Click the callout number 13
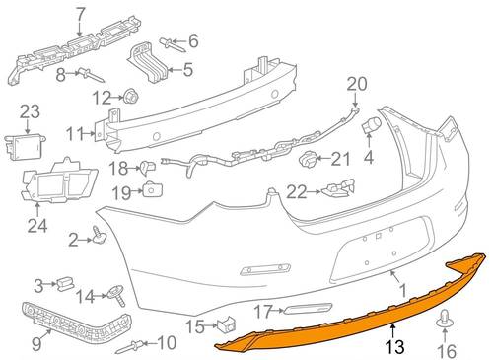coord(394,346)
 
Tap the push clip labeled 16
coord(445,318)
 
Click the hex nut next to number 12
coord(131,96)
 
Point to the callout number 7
coord(80,15)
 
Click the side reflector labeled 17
coord(308,309)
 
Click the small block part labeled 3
coord(65,283)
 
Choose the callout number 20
coord(357,84)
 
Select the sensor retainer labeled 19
coord(153,188)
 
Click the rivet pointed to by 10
coord(130,347)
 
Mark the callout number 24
coord(37,225)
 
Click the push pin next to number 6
coord(173,45)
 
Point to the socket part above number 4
coord(372,126)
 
